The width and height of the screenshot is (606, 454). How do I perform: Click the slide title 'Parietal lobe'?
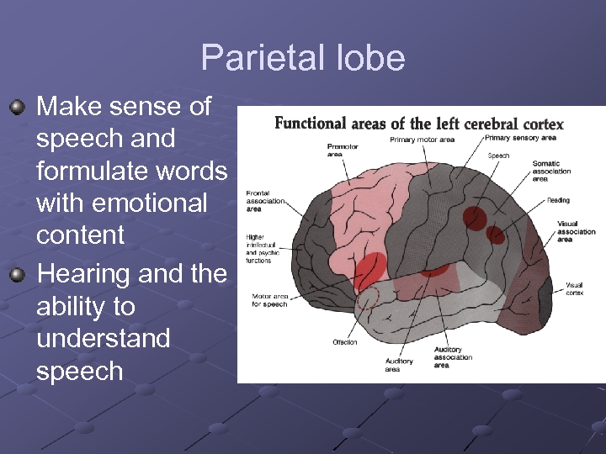click(x=303, y=58)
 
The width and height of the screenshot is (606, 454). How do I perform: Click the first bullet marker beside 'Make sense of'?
click(x=17, y=108)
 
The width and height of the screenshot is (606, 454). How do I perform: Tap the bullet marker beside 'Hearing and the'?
click(x=17, y=274)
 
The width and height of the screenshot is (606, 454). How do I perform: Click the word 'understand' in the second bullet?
click(x=104, y=338)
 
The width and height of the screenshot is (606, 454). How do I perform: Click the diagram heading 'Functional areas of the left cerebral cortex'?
click(x=418, y=124)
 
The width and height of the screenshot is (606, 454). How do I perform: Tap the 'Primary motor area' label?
click(x=422, y=140)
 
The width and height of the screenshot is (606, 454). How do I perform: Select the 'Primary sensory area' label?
click(x=520, y=137)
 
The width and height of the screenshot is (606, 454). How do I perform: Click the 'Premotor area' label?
click(x=343, y=150)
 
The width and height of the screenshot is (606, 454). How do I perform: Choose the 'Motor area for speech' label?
click(x=269, y=300)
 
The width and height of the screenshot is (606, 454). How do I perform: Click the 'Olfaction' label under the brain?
click(x=344, y=342)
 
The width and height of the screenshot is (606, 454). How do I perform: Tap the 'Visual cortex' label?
click(x=574, y=289)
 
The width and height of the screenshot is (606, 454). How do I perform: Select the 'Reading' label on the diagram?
click(x=558, y=200)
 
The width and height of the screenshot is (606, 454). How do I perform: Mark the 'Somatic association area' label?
click(x=551, y=171)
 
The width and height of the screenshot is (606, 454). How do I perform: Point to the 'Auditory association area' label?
click(x=453, y=357)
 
